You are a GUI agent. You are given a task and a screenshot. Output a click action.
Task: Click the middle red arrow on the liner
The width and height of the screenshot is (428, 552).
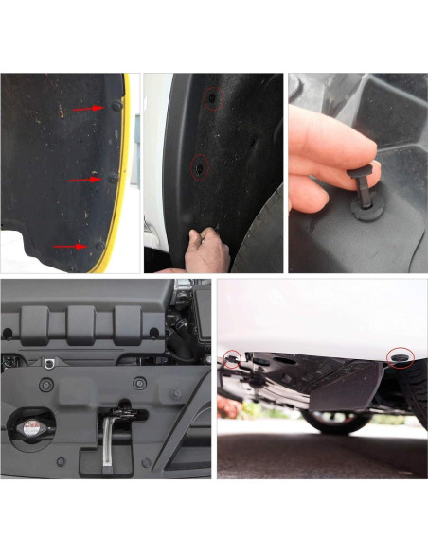tap(83, 179)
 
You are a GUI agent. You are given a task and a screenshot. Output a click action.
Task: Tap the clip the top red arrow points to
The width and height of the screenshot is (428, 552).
tap(116, 107)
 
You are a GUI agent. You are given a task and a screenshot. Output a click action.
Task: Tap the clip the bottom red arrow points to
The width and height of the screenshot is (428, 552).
tap(98, 245)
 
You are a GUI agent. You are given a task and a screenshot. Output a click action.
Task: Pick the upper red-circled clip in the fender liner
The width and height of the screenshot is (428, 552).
tap(214, 97)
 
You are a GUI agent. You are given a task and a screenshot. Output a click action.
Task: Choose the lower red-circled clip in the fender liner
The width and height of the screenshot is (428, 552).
tap(200, 167)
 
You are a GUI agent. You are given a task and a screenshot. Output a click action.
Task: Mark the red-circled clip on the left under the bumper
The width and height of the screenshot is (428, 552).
tap(232, 358)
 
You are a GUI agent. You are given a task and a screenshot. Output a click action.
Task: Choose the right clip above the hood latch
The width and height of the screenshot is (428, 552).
tap(139, 384)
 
